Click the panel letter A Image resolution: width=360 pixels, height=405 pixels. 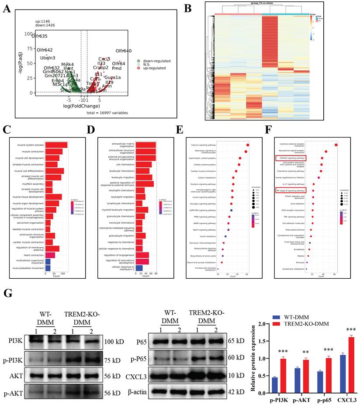(x=7, y=8)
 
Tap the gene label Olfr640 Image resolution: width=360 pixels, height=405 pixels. (x=123, y=51)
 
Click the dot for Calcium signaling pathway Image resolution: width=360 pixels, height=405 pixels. (x=247, y=145)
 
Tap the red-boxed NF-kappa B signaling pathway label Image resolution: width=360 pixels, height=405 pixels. (x=290, y=190)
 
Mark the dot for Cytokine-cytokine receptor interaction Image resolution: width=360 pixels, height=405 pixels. (x=336, y=145)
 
